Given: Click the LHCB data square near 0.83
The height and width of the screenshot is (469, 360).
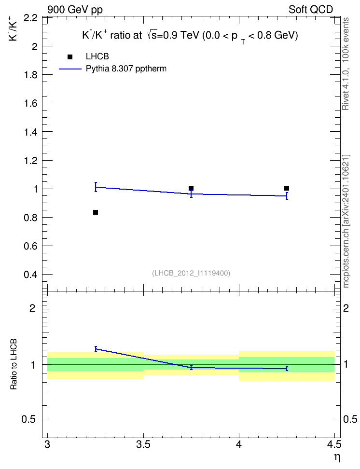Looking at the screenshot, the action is [x=96, y=212].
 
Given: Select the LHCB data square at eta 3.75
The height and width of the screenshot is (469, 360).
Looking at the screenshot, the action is [x=191, y=188].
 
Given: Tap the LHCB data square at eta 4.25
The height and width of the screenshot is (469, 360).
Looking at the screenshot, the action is [x=287, y=188].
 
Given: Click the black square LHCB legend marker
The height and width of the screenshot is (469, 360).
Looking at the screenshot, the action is [x=70, y=56].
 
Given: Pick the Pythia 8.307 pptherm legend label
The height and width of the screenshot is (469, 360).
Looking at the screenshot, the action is [x=126, y=69].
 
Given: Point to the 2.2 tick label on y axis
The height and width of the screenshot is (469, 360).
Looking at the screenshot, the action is [x=30, y=18].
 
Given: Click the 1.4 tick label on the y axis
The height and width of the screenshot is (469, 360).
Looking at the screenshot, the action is [x=30, y=132].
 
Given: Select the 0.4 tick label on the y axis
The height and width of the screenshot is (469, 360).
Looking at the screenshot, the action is [x=30, y=275].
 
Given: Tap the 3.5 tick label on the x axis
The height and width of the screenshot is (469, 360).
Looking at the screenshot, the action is [x=143, y=445].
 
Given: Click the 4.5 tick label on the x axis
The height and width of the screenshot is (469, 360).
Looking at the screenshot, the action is [x=334, y=445].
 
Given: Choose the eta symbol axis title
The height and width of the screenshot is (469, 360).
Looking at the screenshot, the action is [x=337, y=458].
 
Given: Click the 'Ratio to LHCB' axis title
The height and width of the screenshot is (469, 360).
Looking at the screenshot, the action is [x=13, y=364].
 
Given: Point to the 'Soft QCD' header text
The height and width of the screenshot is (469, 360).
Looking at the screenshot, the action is [x=311, y=10].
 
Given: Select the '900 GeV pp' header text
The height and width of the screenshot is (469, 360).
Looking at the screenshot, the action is [x=75, y=10].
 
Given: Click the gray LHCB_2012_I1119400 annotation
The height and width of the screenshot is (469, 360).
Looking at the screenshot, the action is [x=191, y=273].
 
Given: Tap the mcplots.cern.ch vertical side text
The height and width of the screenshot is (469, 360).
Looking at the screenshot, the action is [x=346, y=221].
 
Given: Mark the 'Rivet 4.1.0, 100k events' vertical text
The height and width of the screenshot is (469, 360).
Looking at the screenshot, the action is [x=346, y=64].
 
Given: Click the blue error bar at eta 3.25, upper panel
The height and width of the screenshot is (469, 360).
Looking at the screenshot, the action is [x=96, y=187].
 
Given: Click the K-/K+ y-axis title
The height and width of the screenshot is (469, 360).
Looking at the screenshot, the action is [x=13, y=28].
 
